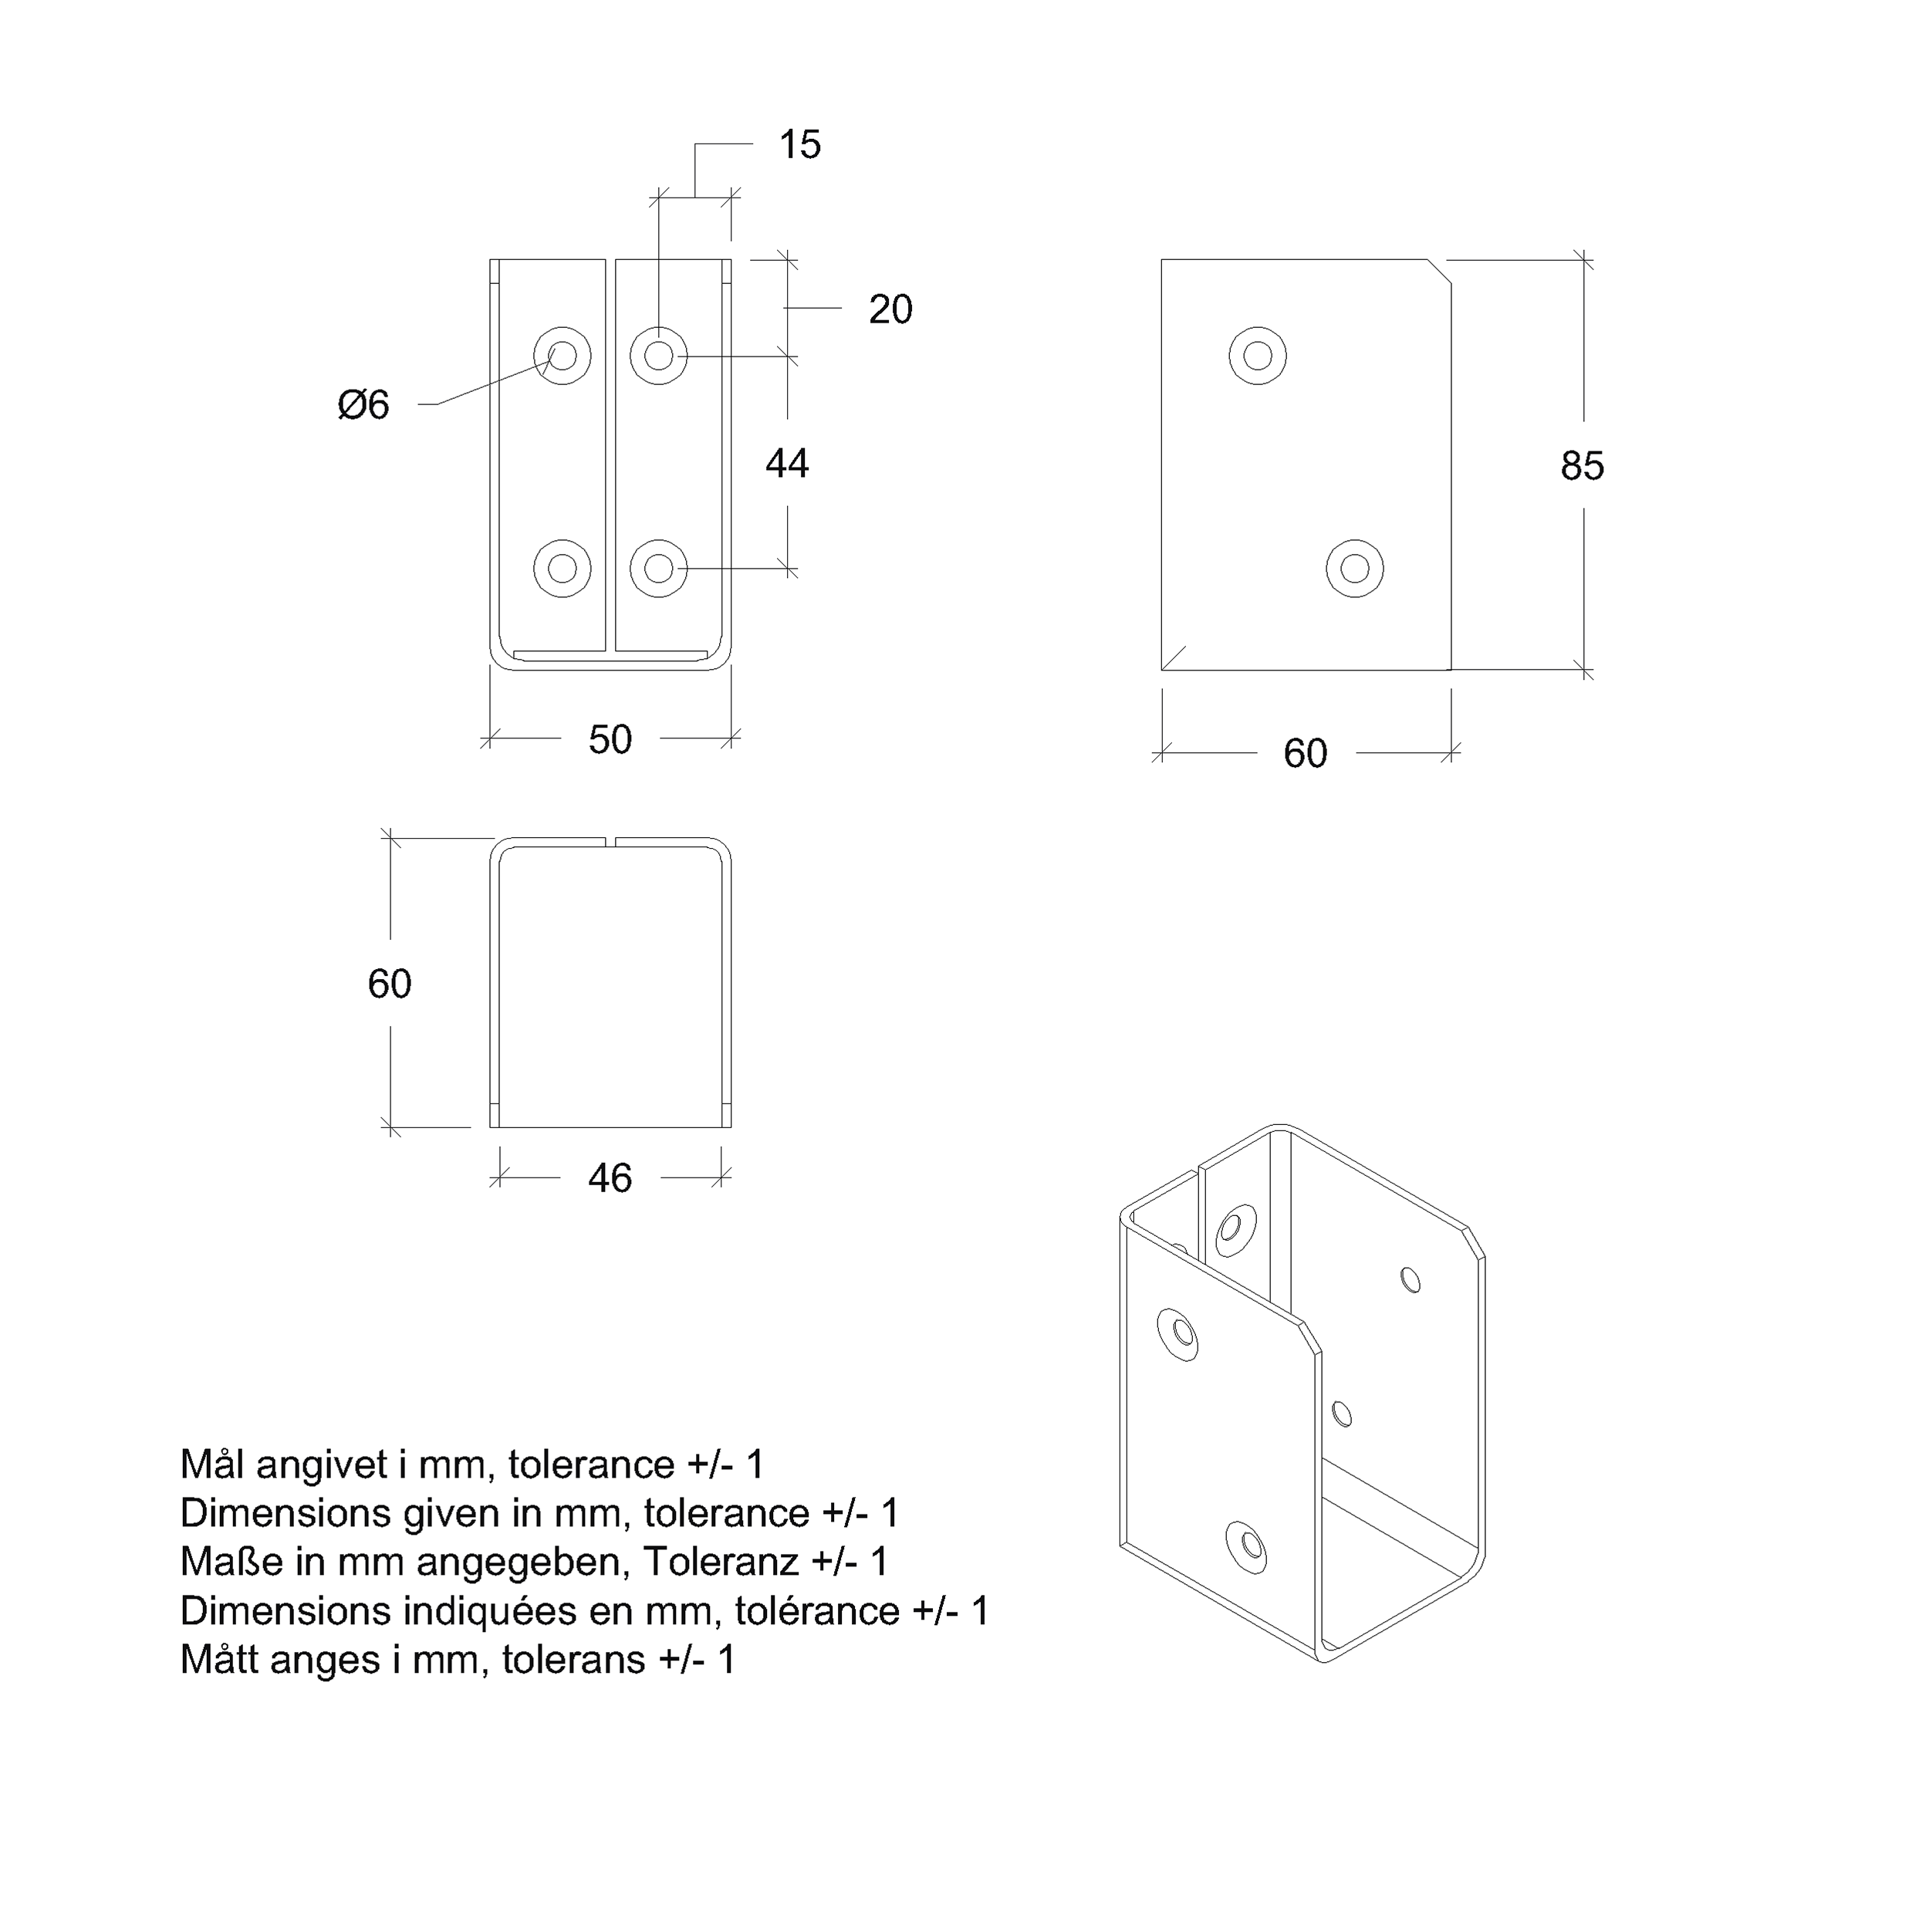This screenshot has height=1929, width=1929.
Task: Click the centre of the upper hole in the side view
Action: click(x=1258, y=356)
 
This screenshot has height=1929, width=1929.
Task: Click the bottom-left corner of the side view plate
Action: click(x=1161, y=670)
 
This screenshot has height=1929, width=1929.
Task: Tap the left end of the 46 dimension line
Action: click(x=500, y=1178)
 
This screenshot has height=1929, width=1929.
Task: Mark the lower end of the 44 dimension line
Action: click(x=788, y=569)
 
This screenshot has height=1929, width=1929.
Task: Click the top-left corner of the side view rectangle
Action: click(x=1161, y=259)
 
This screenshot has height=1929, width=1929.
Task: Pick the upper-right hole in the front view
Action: click(x=659, y=356)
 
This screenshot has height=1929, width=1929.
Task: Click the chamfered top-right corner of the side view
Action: click(x=1439, y=272)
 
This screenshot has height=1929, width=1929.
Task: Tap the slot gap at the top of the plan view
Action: click(x=610, y=843)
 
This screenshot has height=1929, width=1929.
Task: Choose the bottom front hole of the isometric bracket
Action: click(x=1247, y=1546)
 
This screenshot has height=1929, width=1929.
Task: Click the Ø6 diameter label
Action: click(x=363, y=404)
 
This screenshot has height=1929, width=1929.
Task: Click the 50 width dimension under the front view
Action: click(x=610, y=740)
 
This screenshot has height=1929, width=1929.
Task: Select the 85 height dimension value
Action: click(x=1583, y=465)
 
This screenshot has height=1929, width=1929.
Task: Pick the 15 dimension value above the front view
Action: click(x=799, y=145)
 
